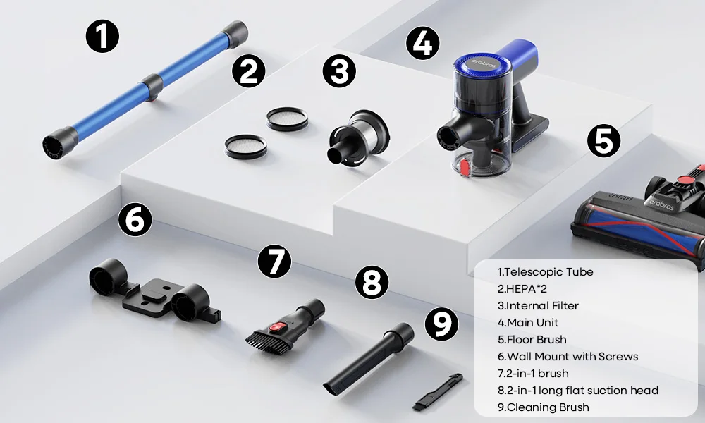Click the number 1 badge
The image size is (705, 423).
[102, 37]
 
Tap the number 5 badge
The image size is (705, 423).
[604, 141]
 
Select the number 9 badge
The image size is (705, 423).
[441, 324]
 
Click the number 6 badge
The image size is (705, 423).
[135, 220]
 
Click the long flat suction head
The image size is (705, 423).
[368, 360]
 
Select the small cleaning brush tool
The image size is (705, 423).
[438, 391]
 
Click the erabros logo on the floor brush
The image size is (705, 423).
[658, 204]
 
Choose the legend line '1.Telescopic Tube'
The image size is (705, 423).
[545, 272]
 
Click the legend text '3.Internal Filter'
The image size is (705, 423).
[538, 306]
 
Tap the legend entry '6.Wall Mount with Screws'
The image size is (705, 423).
[568, 357]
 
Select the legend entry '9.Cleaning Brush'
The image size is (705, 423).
[543, 407]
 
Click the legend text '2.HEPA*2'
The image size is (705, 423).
[522, 289]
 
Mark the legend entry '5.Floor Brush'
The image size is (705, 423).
[532, 339]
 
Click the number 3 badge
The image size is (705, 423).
[339, 71]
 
